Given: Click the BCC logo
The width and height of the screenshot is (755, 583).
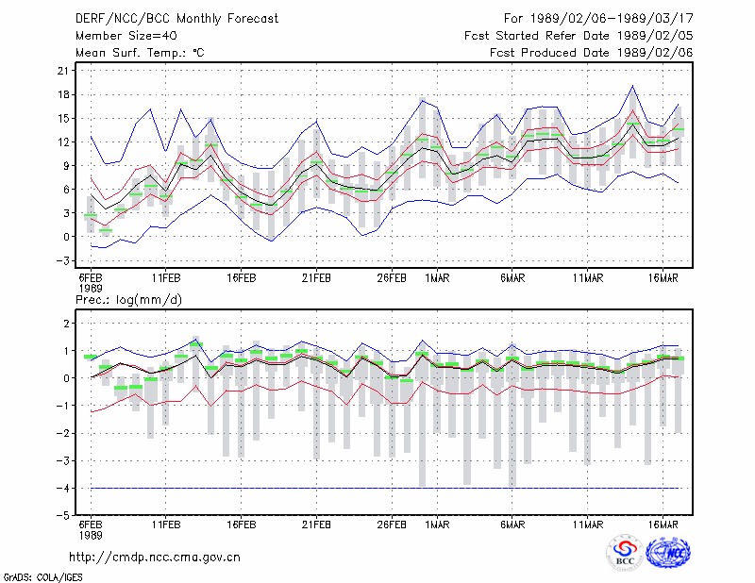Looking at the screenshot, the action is coord(625,553).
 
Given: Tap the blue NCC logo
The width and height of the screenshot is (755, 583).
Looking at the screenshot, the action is coord(668,553).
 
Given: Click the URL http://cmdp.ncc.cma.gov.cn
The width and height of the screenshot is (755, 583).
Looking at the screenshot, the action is coord(155,558).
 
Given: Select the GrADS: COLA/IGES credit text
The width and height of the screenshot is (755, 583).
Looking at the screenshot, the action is coord(42,577).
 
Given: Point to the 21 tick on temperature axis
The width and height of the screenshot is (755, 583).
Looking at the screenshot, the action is coord(63,71).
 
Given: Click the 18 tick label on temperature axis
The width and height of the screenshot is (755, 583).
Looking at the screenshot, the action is coord(63,95).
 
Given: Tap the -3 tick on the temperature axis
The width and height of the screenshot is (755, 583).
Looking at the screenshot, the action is coord(62,260).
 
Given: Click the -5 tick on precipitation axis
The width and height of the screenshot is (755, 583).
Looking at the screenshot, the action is coord(62,516).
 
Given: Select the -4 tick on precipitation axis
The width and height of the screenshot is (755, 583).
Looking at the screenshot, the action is coord(62,488).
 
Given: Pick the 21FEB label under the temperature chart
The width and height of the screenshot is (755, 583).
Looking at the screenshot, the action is coord(316,278).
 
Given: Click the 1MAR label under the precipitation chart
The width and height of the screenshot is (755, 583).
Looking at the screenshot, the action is coord(437,525).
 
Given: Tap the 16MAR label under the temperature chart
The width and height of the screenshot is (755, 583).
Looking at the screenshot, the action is coord(663,278).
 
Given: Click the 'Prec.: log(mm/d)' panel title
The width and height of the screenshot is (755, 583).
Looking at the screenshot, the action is coord(128,300).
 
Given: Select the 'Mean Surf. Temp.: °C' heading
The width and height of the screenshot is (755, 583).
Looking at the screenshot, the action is coord(140,53).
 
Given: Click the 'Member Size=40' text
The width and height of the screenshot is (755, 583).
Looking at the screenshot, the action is coord(126,36).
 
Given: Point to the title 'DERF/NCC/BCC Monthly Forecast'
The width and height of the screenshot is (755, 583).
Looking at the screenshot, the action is coord(176,19).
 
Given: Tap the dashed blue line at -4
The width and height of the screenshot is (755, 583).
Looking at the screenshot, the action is coord(385,488).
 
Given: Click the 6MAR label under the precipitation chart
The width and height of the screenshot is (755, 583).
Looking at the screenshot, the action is coord(512,525).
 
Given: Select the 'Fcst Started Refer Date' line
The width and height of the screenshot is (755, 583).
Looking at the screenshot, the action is coord(579,36).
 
